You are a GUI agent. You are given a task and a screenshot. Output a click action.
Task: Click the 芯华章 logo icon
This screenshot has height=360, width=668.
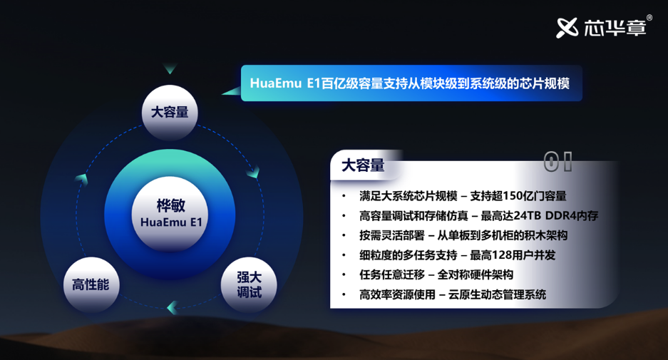567,28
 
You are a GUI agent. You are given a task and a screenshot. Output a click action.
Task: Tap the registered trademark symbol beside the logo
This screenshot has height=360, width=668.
649,18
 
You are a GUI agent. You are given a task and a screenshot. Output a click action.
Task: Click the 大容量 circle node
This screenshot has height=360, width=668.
170,113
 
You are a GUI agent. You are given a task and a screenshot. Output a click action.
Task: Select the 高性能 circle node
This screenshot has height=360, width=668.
91,284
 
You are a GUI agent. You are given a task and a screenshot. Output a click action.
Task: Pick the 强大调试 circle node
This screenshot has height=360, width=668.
249,284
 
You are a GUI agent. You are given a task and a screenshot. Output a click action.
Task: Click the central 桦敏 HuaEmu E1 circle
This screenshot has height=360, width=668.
170,214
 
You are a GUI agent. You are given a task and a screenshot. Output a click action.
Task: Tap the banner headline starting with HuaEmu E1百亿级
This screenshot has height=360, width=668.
409,83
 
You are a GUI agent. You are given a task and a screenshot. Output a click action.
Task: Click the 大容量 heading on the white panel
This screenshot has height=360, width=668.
363,165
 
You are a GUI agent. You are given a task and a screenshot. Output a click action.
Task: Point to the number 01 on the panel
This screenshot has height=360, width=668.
557,162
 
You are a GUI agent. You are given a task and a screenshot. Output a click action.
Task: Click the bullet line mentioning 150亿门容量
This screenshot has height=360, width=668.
463,196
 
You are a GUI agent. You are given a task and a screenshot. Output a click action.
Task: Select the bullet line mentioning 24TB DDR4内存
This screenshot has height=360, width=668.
478,215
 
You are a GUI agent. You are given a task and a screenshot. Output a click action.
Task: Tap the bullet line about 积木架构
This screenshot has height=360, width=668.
463,235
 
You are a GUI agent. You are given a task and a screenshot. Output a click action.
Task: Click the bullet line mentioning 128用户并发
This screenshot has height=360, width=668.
457,255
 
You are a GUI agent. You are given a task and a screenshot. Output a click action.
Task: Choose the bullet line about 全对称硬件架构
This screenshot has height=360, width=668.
436,274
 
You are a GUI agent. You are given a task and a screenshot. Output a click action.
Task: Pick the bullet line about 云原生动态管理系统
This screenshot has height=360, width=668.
453,294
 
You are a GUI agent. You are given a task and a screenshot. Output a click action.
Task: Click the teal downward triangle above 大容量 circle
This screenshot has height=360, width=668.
170,69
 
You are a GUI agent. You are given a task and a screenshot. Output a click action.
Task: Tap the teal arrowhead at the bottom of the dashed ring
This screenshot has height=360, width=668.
173,307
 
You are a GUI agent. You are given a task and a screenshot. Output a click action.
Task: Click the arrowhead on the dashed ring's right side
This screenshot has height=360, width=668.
254,172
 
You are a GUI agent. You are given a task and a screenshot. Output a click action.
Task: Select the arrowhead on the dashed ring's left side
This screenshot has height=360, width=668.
82,179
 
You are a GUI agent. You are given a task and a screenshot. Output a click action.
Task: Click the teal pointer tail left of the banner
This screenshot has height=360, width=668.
232,91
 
